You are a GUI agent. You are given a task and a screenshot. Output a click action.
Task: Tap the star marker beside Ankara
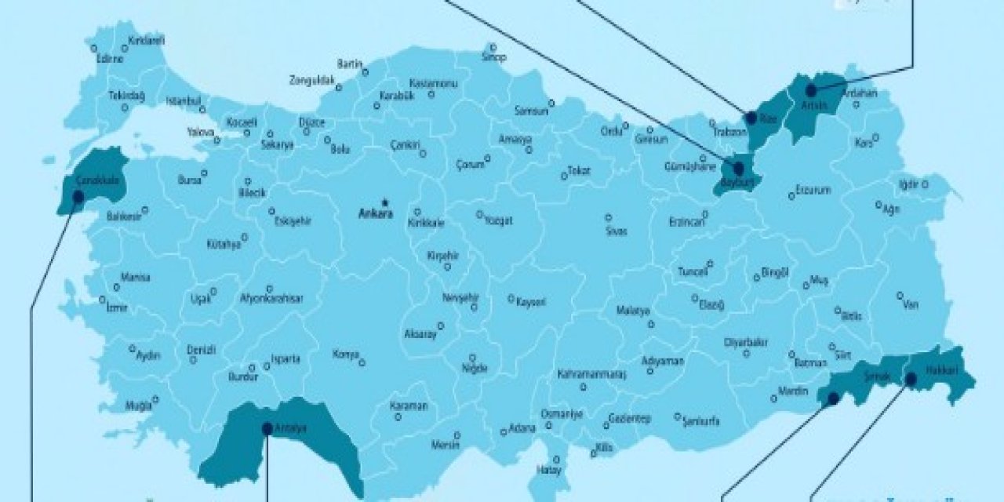[x=384, y=202]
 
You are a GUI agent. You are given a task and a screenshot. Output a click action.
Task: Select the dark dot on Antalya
[x=267, y=428]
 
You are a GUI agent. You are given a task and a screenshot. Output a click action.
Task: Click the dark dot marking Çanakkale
[x=78, y=196]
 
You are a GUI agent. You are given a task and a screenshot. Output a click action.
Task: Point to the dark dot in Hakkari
[x=911, y=380]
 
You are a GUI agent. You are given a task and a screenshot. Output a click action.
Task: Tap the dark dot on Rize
[x=751, y=118]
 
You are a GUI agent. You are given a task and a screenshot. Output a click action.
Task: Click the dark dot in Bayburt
[x=738, y=168]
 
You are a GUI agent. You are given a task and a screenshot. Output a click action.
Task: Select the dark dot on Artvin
[x=811, y=91]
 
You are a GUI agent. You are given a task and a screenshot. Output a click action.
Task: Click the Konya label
[x=345, y=355]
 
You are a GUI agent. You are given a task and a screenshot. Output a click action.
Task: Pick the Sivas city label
[x=617, y=232]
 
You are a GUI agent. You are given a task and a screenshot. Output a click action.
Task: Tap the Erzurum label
[x=813, y=190]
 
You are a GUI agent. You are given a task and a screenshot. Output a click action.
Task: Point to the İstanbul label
[x=184, y=101]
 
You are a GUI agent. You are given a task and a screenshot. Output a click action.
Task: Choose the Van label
[x=910, y=304]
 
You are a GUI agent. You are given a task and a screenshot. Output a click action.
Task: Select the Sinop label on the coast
[x=494, y=57]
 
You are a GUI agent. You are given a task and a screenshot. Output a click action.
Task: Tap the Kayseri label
[x=530, y=301]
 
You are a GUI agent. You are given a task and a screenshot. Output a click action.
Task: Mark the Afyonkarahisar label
[x=271, y=299]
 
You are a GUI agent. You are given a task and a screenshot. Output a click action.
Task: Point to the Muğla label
[x=138, y=406]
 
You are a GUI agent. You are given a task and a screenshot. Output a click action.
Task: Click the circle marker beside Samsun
[x=551, y=102]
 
